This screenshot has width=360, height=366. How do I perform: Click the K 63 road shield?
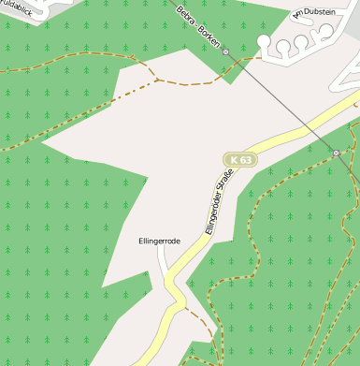(x=239, y=160)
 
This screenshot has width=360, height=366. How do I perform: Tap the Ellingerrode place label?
(x=158, y=241)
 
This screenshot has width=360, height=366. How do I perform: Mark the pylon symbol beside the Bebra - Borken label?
(x=225, y=52)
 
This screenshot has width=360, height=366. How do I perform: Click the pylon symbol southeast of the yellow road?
(x=336, y=153)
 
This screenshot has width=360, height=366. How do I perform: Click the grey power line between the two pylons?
(x=281, y=103)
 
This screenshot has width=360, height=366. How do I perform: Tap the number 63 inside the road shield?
(x=244, y=160)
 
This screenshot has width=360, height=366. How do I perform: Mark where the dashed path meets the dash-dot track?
(x=156, y=81)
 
